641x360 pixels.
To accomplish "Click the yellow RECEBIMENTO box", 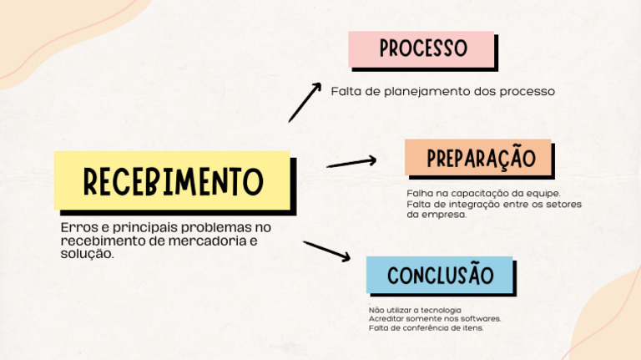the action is tap(172, 180).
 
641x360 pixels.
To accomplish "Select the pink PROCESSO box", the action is tap(421, 48).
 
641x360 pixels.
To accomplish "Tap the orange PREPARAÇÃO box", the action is tap(478, 157).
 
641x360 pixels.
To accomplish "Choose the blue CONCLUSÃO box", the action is tap(440, 275).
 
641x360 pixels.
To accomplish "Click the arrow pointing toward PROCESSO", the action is tap(305, 102).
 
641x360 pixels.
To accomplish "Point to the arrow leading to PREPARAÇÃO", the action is tap(351, 162).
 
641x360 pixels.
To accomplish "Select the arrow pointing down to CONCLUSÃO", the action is tap(326, 251).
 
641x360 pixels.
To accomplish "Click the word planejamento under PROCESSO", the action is tap(426, 91).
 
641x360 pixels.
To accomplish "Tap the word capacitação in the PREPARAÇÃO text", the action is tap(478, 194).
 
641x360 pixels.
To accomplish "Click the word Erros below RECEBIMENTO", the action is tap(76, 227).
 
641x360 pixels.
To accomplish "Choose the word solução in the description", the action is tap(86, 253).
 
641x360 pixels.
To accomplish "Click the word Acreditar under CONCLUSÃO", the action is tap(386, 318).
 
